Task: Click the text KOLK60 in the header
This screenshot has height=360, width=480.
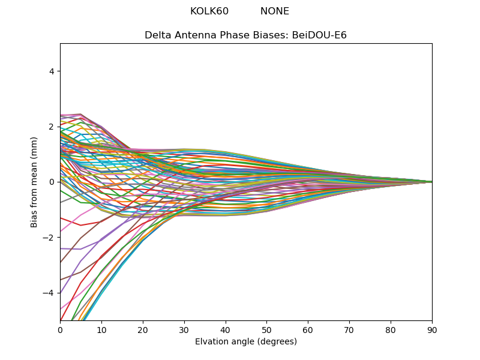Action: pyautogui.click(x=209, y=11)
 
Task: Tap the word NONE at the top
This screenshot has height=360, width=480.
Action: pyautogui.click(x=275, y=11)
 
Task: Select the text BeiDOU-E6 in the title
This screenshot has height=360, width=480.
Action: pyautogui.click(x=319, y=35)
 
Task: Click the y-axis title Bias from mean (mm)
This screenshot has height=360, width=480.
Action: pyautogui.click(x=34, y=182)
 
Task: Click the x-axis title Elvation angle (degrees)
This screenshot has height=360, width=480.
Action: pyautogui.click(x=246, y=342)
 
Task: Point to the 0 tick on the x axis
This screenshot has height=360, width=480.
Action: pyautogui.click(x=60, y=329)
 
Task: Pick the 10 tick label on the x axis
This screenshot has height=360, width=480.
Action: pyautogui.click(x=101, y=329)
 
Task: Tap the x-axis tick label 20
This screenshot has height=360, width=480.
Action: pyautogui.click(x=143, y=329)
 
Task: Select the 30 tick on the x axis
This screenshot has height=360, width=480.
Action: pyautogui.click(x=184, y=329)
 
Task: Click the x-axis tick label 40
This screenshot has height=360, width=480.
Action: pyautogui.click(x=226, y=329)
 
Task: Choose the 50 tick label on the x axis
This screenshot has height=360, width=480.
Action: pyautogui.click(x=266, y=329)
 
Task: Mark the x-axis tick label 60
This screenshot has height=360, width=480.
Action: pyautogui.click(x=308, y=329)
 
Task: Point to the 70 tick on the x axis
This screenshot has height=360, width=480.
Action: pyautogui.click(x=349, y=329)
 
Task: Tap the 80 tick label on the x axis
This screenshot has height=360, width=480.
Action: pyautogui.click(x=391, y=329)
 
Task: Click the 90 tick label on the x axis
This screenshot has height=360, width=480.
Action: pyautogui.click(x=432, y=329)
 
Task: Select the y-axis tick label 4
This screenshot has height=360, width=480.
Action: pyautogui.click(x=52, y=71)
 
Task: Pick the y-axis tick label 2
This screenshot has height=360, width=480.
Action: pyautogui.click(x=52, y=127)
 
